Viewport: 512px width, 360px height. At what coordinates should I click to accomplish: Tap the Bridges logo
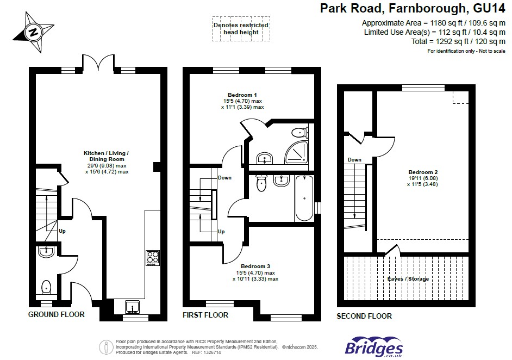(x=374, y=347)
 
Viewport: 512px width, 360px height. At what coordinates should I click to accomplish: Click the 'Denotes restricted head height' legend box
(x=241, y=29)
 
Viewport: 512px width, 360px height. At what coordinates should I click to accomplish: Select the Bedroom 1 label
(x=242, y=95)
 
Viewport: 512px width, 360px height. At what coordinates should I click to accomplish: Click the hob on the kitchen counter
(x=152, y=257)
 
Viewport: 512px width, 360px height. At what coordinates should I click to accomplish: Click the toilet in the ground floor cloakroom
(x=47, y=287)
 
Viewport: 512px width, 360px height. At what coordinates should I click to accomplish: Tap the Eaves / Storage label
(x=408, y=279)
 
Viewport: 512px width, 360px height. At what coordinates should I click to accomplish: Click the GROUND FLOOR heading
(x=57, y=314)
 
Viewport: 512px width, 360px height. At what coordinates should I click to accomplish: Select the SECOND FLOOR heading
(x=364, y=316)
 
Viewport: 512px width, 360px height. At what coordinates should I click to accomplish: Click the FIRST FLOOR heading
(x=205, y=315)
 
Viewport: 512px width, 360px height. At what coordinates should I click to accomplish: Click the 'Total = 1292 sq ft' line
(x=458, y=41)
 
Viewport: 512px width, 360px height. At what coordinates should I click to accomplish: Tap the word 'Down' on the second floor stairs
(x=354, y=160)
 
